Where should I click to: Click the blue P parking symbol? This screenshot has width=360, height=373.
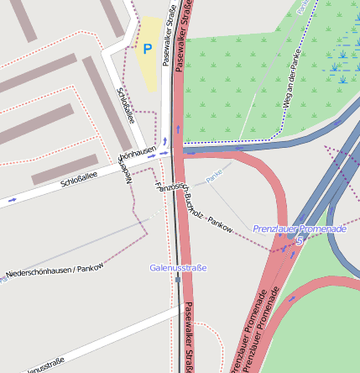pos(148,50)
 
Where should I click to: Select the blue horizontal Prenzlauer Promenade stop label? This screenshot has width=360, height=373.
pos(300,229)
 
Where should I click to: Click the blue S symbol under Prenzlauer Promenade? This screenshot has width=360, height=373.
pos(299,240)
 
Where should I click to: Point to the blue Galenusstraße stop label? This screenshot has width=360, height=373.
pos(178,267)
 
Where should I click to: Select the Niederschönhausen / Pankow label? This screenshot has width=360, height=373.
pos(55,272)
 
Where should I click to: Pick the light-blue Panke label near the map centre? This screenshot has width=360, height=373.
pos(217,174)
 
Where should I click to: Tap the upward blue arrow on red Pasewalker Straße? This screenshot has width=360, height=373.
pos(178,125)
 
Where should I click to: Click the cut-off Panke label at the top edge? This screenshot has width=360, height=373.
pos(300,8)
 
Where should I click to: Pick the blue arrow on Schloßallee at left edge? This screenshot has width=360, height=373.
pos(12,201)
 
